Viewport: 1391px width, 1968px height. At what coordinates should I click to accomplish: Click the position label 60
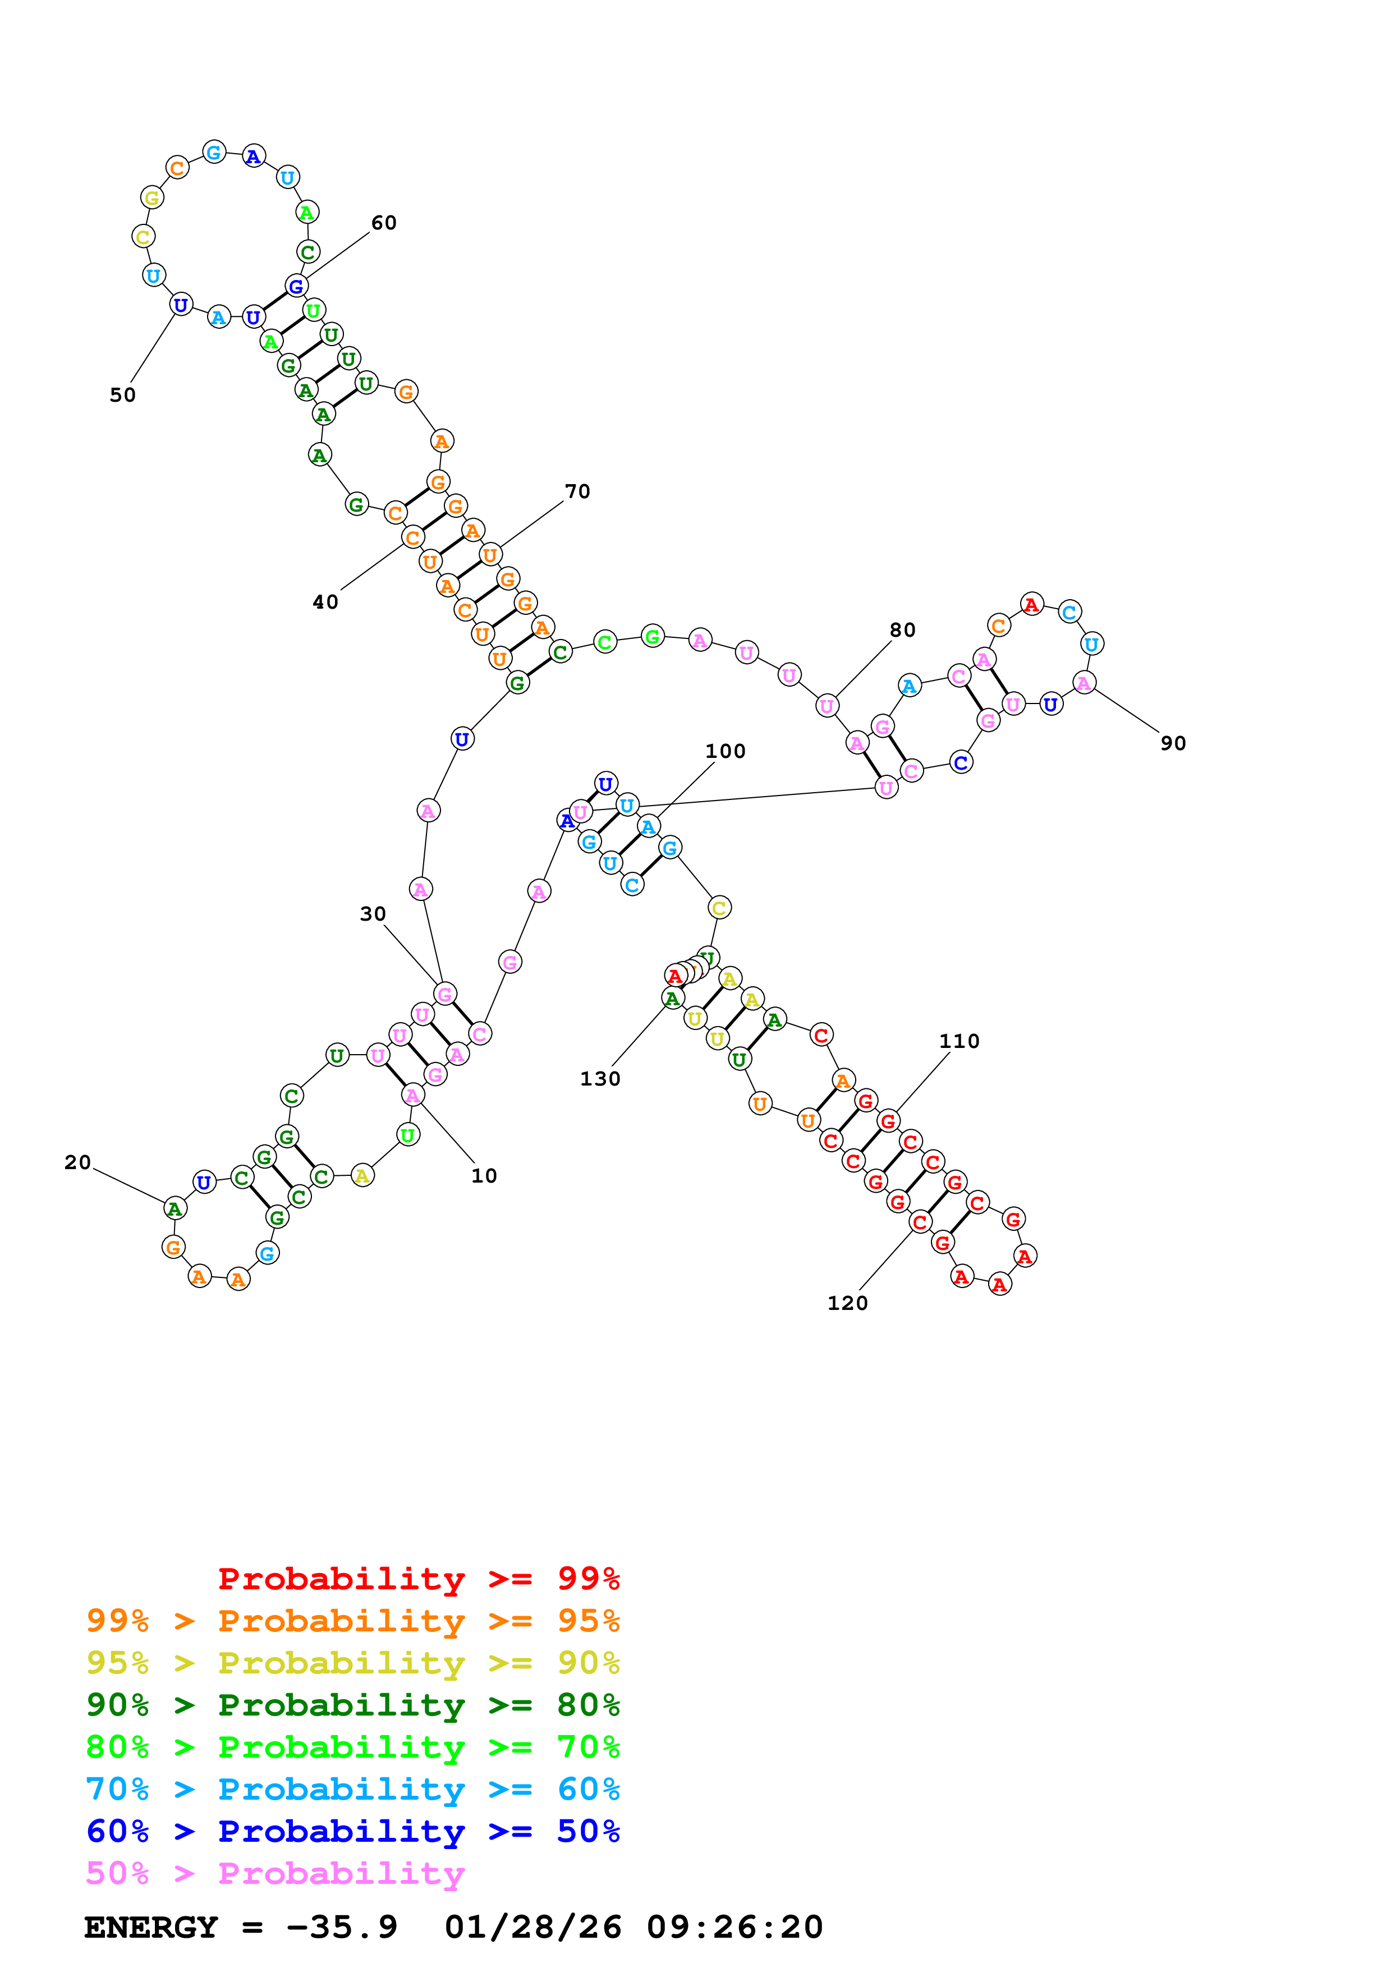coord(383,223)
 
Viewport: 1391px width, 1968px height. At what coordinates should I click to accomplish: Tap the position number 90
coord(1173,743)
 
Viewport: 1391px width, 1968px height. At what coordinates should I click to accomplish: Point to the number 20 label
coord(77,1162)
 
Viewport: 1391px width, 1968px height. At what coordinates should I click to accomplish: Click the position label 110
coord(958,1041)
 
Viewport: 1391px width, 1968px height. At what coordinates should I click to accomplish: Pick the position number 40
coord(325,602)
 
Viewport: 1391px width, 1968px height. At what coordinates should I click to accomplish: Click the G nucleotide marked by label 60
coord(296,286)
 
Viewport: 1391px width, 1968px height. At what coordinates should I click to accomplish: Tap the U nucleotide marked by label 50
coord(180,305)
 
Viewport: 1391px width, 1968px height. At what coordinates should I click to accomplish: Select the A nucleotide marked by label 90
coord(1084,683)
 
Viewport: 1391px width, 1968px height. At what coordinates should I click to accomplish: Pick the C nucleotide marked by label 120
coord(920,1222)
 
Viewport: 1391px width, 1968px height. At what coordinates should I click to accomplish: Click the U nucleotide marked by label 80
coord(826,706)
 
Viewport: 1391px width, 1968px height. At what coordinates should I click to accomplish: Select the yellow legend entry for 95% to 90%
coord(353,1662)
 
